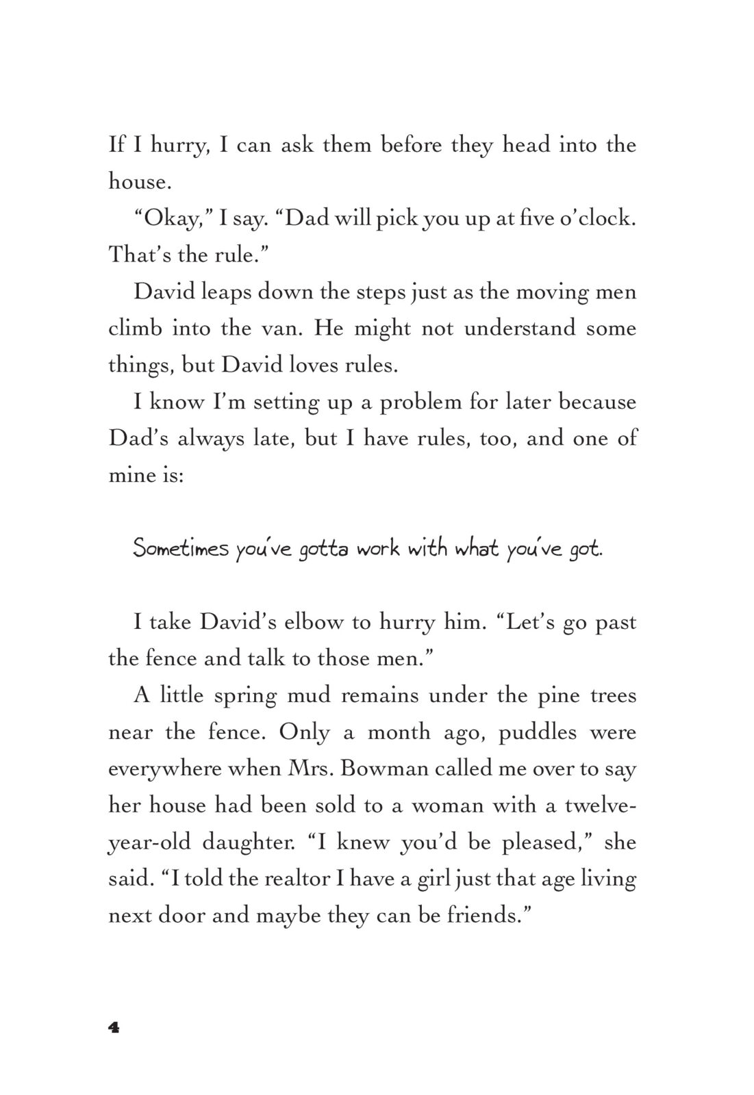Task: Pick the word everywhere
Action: click(x=164, y=769)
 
